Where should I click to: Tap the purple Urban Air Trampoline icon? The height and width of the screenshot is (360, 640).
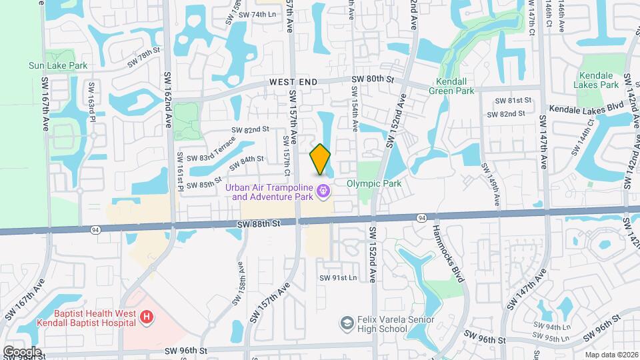click(324, 192)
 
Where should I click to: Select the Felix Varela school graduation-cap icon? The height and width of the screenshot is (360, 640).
click(346, 324)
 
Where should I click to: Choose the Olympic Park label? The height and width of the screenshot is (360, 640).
click(373, 183)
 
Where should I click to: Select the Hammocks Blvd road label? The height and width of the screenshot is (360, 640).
click(446, 253)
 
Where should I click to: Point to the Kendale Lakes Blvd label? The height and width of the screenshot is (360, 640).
click(581, 107)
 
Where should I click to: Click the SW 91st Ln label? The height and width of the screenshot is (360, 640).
click(338, 277)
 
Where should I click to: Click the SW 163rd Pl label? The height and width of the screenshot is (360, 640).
click(91, 100)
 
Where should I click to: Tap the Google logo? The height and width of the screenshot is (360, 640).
click(22, 351)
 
